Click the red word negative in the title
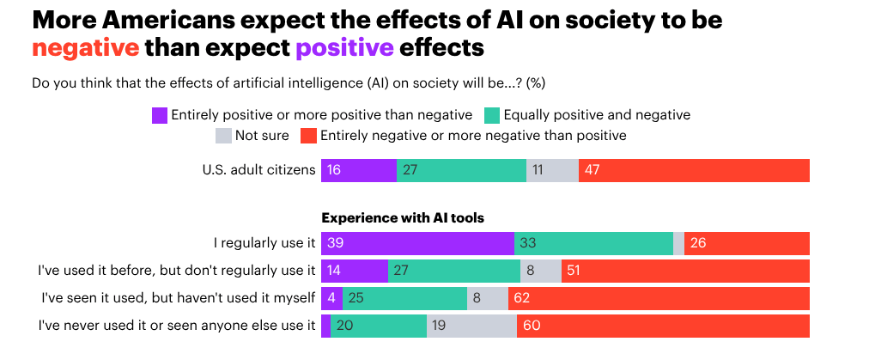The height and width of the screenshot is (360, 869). (85, 47)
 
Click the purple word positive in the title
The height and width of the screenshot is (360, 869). (344, 47)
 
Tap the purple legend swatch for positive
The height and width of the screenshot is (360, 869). (159, 115)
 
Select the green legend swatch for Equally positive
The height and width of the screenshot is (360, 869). (491, 115)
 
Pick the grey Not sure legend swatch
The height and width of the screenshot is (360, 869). (223, 136)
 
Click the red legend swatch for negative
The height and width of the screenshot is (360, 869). (307, 136)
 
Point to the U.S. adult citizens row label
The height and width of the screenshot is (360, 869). (258, 170)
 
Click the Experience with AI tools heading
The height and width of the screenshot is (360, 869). (402, 218)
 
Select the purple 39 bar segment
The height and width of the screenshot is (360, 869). (417, 244)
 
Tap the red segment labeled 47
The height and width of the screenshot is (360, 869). (694, 170)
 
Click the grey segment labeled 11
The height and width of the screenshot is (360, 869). (552, 170)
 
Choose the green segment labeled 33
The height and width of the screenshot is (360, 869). (593, 244)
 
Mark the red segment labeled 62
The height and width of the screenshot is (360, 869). (659, 298)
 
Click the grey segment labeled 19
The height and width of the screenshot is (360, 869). (471, 326)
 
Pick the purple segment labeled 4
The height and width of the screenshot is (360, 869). (331, 298)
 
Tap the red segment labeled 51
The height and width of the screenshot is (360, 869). (685, 272)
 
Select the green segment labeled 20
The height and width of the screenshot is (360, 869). (379, 326)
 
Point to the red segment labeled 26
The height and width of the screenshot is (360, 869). (746, 244)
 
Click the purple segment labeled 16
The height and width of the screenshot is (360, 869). (358, 170)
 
